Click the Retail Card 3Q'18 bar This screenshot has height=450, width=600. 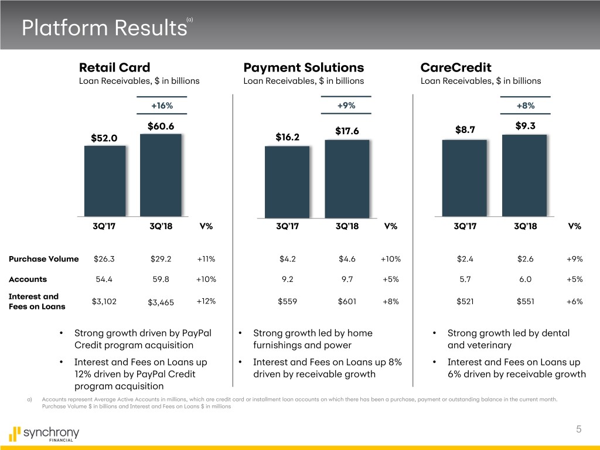[x=161, y=176]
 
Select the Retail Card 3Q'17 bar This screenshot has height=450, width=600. [x=105, y=182]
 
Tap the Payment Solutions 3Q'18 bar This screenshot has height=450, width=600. [x=347, y=179]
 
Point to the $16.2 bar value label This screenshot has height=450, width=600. [x=287, y=137]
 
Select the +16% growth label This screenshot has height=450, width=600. [x=162, y=105]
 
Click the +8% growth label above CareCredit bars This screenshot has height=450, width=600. [x=525, y=105]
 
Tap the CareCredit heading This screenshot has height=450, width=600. [x=456, y=67]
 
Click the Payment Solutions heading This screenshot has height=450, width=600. [x=304, y=67]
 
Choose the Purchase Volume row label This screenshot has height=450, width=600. [x=44, y=260]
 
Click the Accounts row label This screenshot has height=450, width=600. [x=28, y=279]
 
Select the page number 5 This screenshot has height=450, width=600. [x=578, y=429]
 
